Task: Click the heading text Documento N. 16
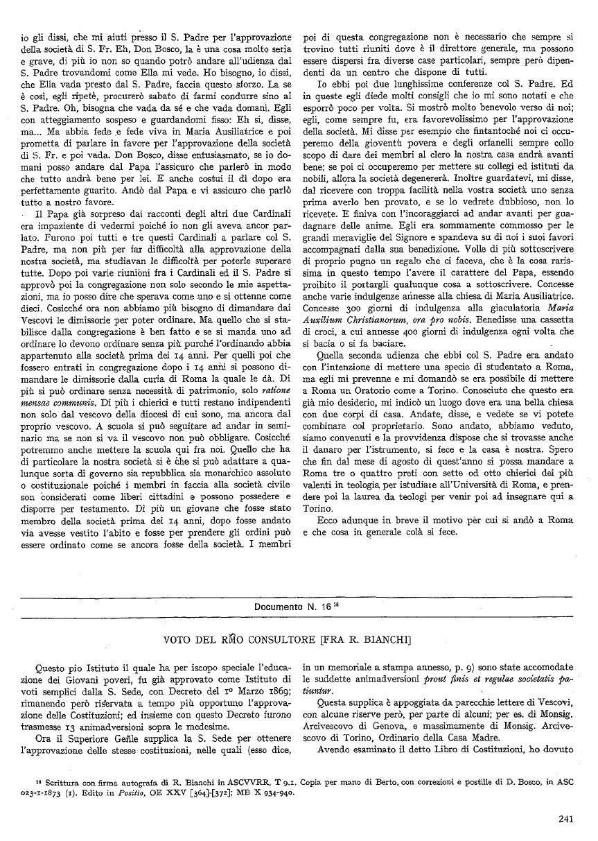(291, 607)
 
